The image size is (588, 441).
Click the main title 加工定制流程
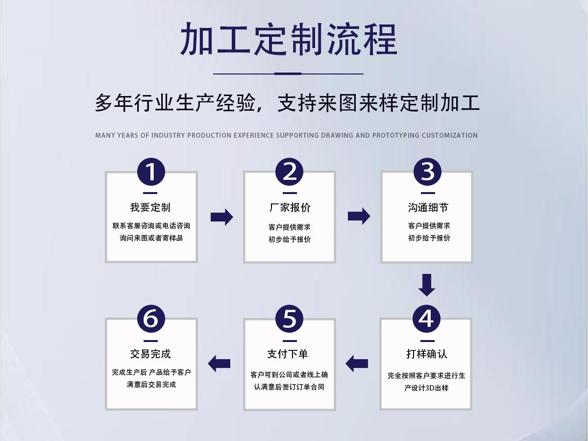[289, 39]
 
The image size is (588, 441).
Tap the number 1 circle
[151, 171]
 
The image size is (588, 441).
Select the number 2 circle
[290, 171]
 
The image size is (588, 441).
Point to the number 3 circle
[427, 171]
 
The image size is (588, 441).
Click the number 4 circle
[426, 318]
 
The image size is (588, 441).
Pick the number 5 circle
[290, 318]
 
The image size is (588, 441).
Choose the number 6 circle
[151, 318]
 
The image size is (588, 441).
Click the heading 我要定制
[150, 207]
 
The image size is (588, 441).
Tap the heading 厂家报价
[290, 207]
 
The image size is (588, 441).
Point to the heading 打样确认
[427, 354]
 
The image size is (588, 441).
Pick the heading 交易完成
[150, 354]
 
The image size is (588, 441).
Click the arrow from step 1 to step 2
[221, 217]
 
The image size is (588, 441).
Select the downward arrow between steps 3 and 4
[427, 285]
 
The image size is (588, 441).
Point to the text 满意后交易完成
[151, 385]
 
